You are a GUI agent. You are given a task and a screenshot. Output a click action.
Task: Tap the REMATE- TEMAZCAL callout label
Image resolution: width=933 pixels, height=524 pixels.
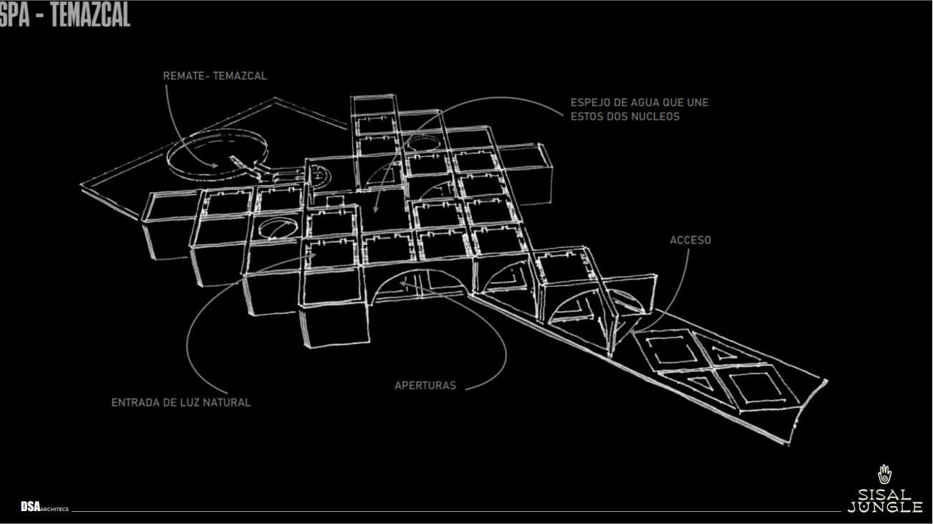tap(214, 76)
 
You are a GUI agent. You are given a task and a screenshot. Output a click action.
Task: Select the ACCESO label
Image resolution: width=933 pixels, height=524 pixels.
tap(690, 240)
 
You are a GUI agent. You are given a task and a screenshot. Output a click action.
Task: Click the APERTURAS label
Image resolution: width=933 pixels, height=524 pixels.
tap(425, 386)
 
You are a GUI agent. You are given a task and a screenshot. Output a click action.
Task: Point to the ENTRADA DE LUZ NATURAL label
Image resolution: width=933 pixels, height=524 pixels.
tap(181, 403)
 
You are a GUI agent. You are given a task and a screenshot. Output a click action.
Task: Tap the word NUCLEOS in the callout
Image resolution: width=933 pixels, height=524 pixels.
tap(655, 116)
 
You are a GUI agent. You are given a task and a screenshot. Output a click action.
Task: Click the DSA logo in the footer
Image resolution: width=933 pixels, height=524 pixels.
tap(30, 508)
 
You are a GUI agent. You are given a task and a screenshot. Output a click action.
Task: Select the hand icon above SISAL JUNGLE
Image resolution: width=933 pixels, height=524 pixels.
tap(884, 475)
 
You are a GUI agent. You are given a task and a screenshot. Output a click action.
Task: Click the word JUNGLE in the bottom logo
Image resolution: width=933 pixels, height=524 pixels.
tap(884, 508)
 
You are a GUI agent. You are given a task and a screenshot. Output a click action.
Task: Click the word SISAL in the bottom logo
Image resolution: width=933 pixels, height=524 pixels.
tap(884, 495)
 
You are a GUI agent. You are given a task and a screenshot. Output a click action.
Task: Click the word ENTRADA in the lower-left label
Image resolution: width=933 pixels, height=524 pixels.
tap(134, 403)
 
